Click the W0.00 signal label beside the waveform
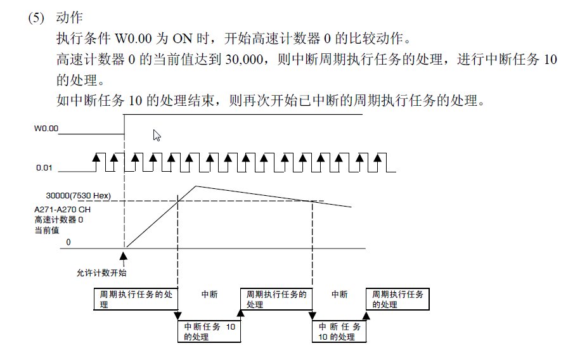(46, 129)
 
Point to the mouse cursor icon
(157, 135)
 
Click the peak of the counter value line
(196, 186)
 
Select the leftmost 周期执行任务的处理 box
(136, 299)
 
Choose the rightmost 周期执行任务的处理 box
(398, 299)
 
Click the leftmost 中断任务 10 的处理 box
(209, 331)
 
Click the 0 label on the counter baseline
(68, 243)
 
